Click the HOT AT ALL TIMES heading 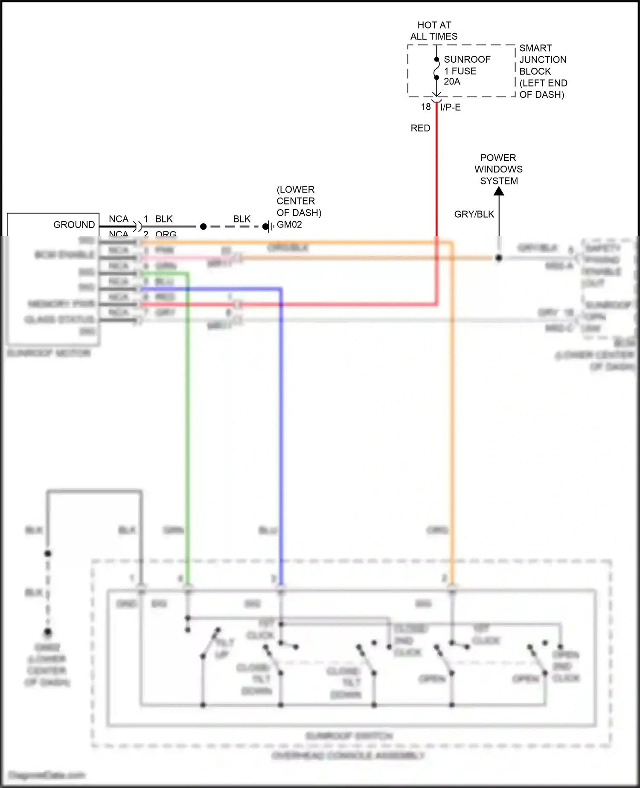pyautogui.click(x=434, y=31)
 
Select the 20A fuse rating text pyautogui.click(x=452, y=82)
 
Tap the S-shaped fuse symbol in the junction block pyautogui.click(x=436, y=68)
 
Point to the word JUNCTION pyautogui.click(x=543, y=60)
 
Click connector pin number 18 pyautogui.click(x=426, y=107)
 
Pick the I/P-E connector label pyautogui.click(x=451, y=107)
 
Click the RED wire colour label pyautogui.click(x=420, y=128)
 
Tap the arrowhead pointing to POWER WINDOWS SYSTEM pyautogui.click(x=499, y=191)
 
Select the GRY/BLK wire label pyautogui.click(x=474, y=214)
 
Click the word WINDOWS pyautogui.click(x=498, y=169)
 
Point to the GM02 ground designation pyautogui.click(x=289, y=225)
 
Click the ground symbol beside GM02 pyautogui.click(x=268, y=226)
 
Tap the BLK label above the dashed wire pyautogui.click(x=241, y=219)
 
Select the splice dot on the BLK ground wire pyautogui.click(x=204, y=226)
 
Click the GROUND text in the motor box pyautogui.click(x=74, y=225)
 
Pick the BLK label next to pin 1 pyautogui.click(x=164, y=219)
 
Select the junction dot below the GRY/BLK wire pyautogui.click(x=499, y=258)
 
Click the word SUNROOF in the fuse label pyautogui.click(x=467, y=59)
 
